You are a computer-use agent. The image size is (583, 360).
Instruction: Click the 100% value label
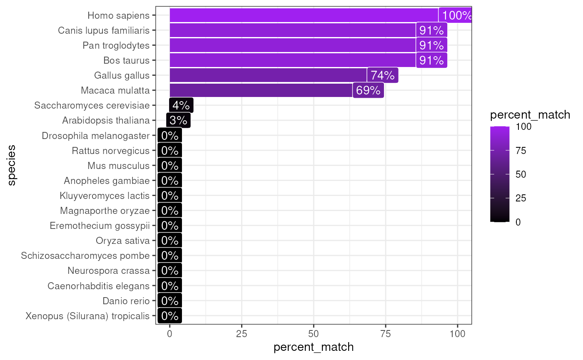point(456,16)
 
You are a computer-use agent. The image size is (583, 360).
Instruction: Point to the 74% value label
point(382,75)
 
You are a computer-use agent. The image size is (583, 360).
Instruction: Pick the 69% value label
point(368,90)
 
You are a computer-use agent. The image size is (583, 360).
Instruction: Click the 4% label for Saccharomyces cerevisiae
point(181,106)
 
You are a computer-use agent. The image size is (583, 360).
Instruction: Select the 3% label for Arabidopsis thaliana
point(178,121)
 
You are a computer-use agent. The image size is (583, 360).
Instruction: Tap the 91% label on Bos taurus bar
point(431,60)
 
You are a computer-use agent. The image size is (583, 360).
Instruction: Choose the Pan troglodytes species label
point(116,45)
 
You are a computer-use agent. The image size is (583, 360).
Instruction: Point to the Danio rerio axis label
point(126,301)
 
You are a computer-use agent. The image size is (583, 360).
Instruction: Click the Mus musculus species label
point(118,166)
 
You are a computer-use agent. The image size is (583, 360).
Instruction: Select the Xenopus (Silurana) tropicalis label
point(87,316)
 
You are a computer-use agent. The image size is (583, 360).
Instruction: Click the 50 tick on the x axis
point(314,334)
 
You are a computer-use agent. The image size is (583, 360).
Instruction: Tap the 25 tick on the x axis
point(242,334)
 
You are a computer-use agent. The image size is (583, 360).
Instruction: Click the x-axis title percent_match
point(314,347)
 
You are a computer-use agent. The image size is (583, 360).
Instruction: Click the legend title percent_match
point(530,115)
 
